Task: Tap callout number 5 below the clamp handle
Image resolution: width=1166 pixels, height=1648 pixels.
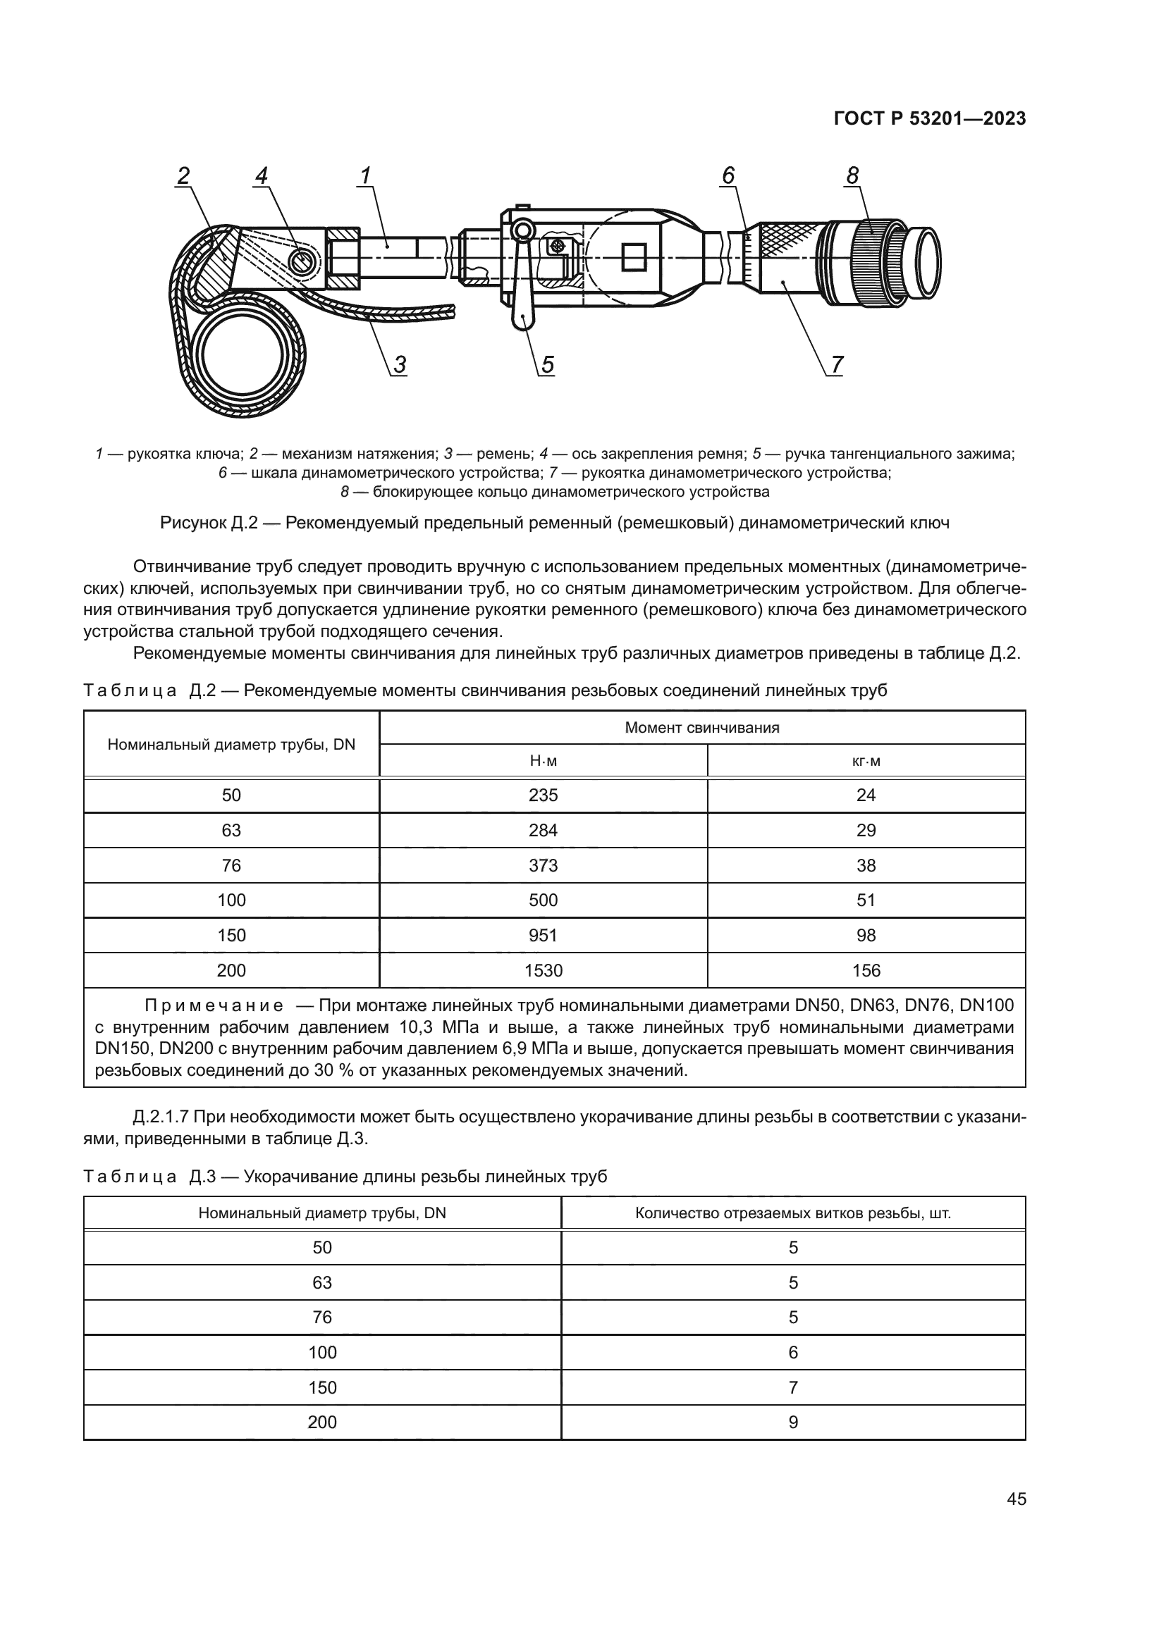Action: (x=547, y=366)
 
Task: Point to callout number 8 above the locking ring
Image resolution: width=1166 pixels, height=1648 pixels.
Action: (x=852, y=175)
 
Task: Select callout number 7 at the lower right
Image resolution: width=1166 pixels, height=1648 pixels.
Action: (x=837, y=366)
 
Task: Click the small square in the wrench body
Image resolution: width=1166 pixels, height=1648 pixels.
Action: (x=634, y=257)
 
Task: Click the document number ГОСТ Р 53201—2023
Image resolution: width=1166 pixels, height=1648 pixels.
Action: (x=930, y=119)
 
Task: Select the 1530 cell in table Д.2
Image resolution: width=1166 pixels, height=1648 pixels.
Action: (x=543, y=970)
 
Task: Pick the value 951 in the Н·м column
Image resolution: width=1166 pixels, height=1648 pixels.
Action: (x=543, y=935)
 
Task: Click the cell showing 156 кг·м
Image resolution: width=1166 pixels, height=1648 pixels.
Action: (x=866, y=970)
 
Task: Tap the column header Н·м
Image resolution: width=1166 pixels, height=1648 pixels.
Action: (x=543, y=761)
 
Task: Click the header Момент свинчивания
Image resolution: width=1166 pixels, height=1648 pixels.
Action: (x=701, y=728)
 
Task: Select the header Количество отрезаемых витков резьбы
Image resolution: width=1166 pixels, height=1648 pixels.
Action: (x=792, y=1213)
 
